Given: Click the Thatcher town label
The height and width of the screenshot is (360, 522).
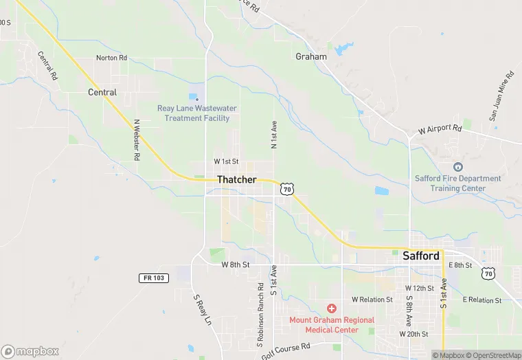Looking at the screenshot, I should (x=237, y=179).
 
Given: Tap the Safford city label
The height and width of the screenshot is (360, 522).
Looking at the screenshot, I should (x=421, y=256).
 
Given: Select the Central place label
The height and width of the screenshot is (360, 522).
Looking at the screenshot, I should (x=102, y=92).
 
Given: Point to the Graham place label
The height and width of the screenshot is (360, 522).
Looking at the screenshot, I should (x=310, y=56).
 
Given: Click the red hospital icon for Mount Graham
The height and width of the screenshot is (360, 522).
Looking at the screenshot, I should (x=332, y=309).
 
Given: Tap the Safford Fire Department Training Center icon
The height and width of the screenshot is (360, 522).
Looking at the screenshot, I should (x=458, y=166).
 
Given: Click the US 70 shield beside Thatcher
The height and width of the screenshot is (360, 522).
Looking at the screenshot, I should (x=287, y=188).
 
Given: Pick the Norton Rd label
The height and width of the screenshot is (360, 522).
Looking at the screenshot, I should (x=111, y=58).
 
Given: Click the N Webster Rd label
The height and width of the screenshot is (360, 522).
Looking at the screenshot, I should (x=137, y=140).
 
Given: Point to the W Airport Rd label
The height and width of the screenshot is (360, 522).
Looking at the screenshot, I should (x=440, y=128).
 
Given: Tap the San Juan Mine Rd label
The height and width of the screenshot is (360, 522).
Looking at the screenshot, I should (x=501, y=95).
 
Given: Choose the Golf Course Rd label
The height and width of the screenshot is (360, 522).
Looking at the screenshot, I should (x=286, y=352).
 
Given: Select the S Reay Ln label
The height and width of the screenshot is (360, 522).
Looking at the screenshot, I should (x=201, y=311).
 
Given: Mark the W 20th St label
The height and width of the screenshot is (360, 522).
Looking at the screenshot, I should (x=414, y=333).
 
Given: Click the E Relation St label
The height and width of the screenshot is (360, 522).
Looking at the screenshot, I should (x=483, y=300).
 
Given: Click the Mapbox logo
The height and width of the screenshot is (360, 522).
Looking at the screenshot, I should (x=31, y=351).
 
